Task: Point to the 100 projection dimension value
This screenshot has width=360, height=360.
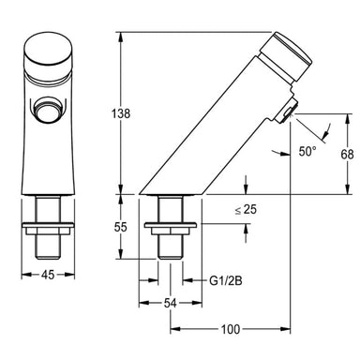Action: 231,329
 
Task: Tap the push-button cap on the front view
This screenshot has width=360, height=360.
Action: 45,54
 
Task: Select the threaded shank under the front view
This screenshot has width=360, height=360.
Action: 45,242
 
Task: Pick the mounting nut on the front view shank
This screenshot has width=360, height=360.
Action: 45,225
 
